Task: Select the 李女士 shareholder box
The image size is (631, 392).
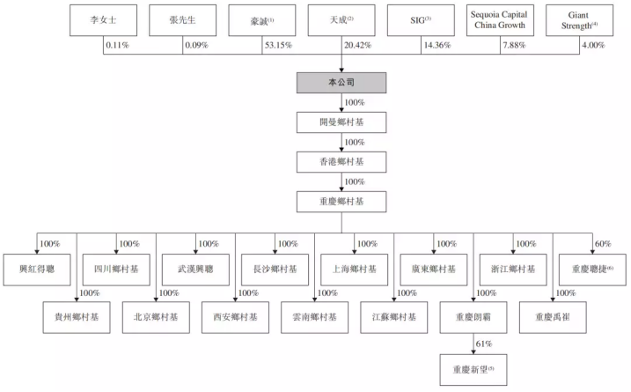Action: pyautogui.click(x=102, y=18)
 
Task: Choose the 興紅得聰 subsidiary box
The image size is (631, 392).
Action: pyautogui.click(x=36, y=268)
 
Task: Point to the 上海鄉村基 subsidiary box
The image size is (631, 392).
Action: pyautogui.click(x=354, y=268)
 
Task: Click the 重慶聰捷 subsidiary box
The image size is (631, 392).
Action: pyautogui.click(x=591, y=268)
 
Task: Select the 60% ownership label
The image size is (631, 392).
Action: pyautogui.click(x=601, y=244)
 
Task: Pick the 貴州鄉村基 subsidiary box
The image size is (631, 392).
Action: pyautogui.click(x=77, y=316)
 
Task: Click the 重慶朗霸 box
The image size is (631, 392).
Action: pyautogui.click(x=473, y=316)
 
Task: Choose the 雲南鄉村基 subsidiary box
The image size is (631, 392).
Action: pyautogui.click(x=315, y=316)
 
